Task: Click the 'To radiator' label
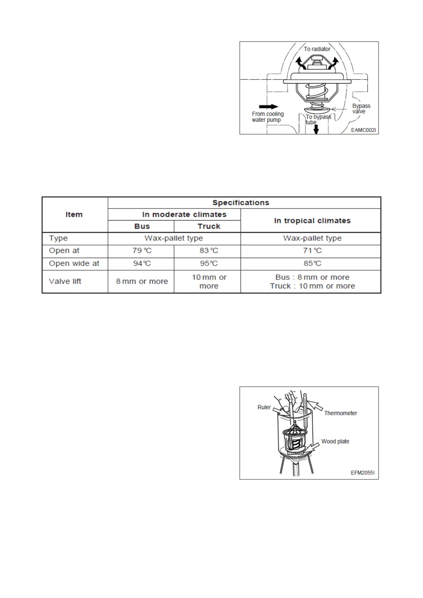point(317,49)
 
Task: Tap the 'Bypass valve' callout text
point(361,109)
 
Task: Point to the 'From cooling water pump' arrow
point(269,107)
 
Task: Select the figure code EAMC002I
point(363,130)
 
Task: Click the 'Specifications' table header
point(241,203)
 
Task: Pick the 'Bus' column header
point(142,226)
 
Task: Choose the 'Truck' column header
point(209,226)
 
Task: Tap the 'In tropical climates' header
point(312,221)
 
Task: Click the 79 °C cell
point(142,251)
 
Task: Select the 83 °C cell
point(209,251)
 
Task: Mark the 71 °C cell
point(312,251)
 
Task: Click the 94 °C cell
point(142,263)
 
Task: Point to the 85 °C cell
point(312,263)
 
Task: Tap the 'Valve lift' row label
point(65,281)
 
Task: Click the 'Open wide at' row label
point(74,263)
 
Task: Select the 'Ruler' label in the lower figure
point(264,407)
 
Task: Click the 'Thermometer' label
point(340,413)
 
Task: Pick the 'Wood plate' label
point(335,441)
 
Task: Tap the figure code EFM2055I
point(362,473)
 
